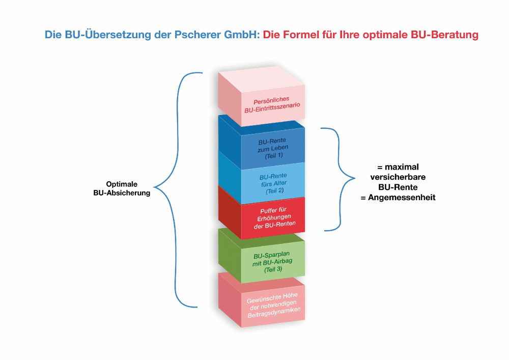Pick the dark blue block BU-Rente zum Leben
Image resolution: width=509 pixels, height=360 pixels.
[273, 148]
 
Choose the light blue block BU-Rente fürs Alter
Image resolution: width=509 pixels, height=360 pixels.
[273, 183]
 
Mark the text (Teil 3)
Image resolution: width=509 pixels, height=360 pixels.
[273, 269]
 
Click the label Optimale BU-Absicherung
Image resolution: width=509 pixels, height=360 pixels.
[122, 188]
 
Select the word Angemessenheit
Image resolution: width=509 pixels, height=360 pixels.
[402, 198]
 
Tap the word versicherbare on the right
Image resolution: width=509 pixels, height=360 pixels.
[402, 177]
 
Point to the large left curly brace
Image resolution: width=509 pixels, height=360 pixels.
[173, 188]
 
